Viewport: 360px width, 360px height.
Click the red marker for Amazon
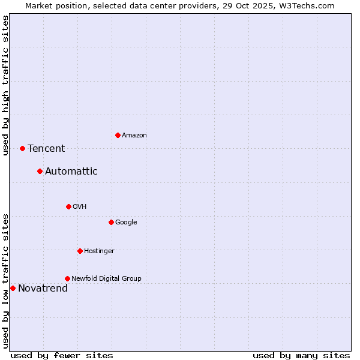tap(118, 135)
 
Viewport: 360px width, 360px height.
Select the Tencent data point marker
tap(22, 148)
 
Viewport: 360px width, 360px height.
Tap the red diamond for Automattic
tap(40, 171)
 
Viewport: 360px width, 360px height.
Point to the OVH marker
tap(68, 206)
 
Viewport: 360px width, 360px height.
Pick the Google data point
tap(111, 222)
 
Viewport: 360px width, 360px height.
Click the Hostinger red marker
tap(80, 251)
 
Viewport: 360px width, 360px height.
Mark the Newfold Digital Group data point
tap(67, 278)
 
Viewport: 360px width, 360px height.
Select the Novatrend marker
tap(13, 288)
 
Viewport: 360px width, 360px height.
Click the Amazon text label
tap(134, 136)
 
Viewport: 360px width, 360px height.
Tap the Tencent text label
tap(46, 149)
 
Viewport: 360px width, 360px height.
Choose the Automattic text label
tap(71, 172)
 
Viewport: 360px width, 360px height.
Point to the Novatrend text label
tap(43, 289)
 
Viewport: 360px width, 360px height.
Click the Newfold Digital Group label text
tap(106, 278)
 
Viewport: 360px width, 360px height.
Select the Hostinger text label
tap(99, 251)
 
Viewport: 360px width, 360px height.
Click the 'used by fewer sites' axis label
tap(62, 355)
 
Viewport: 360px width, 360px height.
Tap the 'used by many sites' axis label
tap(301, 355)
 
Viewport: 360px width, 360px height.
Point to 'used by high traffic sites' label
tap(5, 85)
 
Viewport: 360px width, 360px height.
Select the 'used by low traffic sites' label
tap(5, 281)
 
